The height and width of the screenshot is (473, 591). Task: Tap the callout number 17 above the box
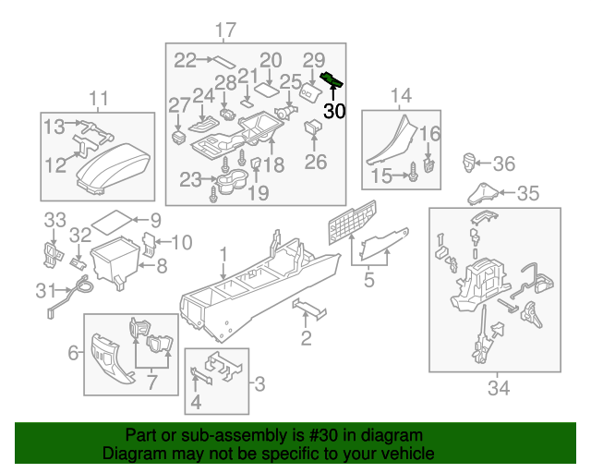coord(225,30)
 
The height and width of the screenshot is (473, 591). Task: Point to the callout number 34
coord(498,388)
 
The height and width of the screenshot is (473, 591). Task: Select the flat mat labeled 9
coord(113,222)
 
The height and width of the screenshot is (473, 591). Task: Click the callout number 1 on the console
coord(222,253)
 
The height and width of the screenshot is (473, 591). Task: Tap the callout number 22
coord(186,60)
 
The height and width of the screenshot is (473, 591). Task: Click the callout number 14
coord(400,95)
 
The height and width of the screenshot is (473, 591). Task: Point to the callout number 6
coord(74,353)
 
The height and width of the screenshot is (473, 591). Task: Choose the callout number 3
coord(260,382)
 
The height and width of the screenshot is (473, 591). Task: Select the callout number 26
coord(316,162)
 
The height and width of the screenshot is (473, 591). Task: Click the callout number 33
coord(55,219)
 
